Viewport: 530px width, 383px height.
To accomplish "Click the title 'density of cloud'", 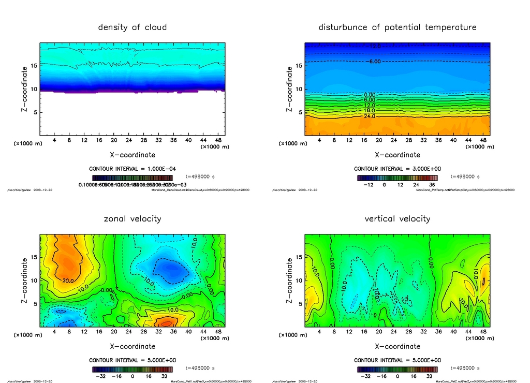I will click(x=132, y=27).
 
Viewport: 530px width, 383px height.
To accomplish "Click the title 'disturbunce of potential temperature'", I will click(x=397, y=27).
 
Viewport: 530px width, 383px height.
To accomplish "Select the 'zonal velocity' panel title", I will click(x=132, y=218).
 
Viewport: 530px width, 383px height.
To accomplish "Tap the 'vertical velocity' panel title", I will click(x=397, y=218).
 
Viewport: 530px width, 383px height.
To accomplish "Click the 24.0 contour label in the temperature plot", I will click(x=370, y=116).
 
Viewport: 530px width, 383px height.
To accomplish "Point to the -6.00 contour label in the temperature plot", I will click(x=374, y=62).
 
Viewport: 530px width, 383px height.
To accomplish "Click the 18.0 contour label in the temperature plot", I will click(x=370, y=111).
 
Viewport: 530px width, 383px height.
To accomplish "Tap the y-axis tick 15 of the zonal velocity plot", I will click(x=34, y=257).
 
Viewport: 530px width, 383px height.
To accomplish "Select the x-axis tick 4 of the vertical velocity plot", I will click(x=319, y=332).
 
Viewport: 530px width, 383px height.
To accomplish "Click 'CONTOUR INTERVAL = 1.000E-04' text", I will click(x=132, y=169).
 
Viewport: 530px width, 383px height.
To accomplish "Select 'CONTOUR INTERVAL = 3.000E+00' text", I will click(x=397, y=169).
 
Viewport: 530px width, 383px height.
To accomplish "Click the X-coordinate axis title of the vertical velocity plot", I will click(x=397, y=346).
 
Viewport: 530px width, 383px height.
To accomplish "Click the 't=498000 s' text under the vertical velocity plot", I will click(x=465, y=368).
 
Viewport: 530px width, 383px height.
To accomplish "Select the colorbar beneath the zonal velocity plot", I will click(x=132, y=370).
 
